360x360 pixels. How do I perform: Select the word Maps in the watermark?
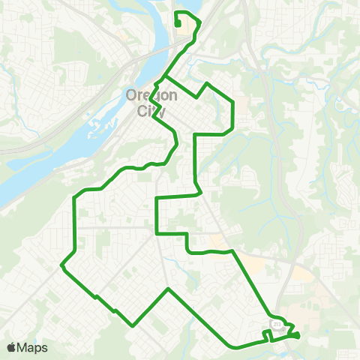pyautogui.click(x=33, y=347)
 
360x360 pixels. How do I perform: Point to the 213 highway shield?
pyautogui.click(x=276, y=324)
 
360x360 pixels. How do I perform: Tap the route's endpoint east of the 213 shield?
pyautogui.click(x=298, y=334)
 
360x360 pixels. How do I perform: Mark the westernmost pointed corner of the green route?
pyautogui.click(x=61, y=265)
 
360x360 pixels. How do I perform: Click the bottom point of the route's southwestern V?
pyautogui.click(x=133, y=325)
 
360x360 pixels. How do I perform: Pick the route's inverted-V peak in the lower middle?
pyautogui.click(x=169, y=289)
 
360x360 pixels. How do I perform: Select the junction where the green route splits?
pyautogui.click(x=163, y=77)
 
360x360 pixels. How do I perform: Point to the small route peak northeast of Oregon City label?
pyautogui.click(x=206, y=83)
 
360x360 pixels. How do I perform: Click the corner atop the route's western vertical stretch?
pyautogui.click(x=74, y=198)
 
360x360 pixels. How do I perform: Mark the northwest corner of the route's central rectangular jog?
pyautogui.click(x=157, y=199)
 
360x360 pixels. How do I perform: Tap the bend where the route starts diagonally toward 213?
pyautogui.click(x=233, y=252)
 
